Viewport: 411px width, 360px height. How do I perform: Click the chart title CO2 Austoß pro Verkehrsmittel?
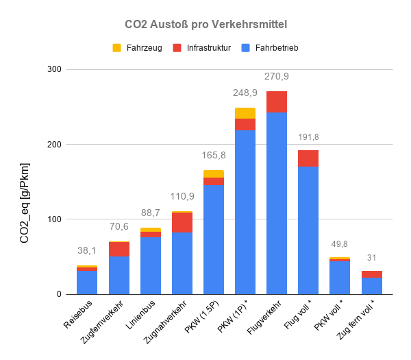coord(206,24)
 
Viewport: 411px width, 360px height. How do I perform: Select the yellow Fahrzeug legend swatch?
coord(116,48)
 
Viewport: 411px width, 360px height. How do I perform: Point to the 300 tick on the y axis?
coord(54,69)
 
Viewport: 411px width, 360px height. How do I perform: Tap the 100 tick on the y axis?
coord(54,219)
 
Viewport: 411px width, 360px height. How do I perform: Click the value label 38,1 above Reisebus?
coord(87,251)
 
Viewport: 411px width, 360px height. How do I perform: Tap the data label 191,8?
coord(308,137)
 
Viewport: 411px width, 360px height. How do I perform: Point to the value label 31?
coord(372,257)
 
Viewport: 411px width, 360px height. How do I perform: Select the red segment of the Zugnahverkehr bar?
coord(182,223)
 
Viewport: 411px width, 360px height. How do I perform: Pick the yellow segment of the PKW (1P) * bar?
coord(245,113)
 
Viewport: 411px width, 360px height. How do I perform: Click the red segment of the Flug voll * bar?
coord(308,158)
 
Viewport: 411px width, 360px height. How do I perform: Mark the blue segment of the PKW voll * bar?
coord(340,278)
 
